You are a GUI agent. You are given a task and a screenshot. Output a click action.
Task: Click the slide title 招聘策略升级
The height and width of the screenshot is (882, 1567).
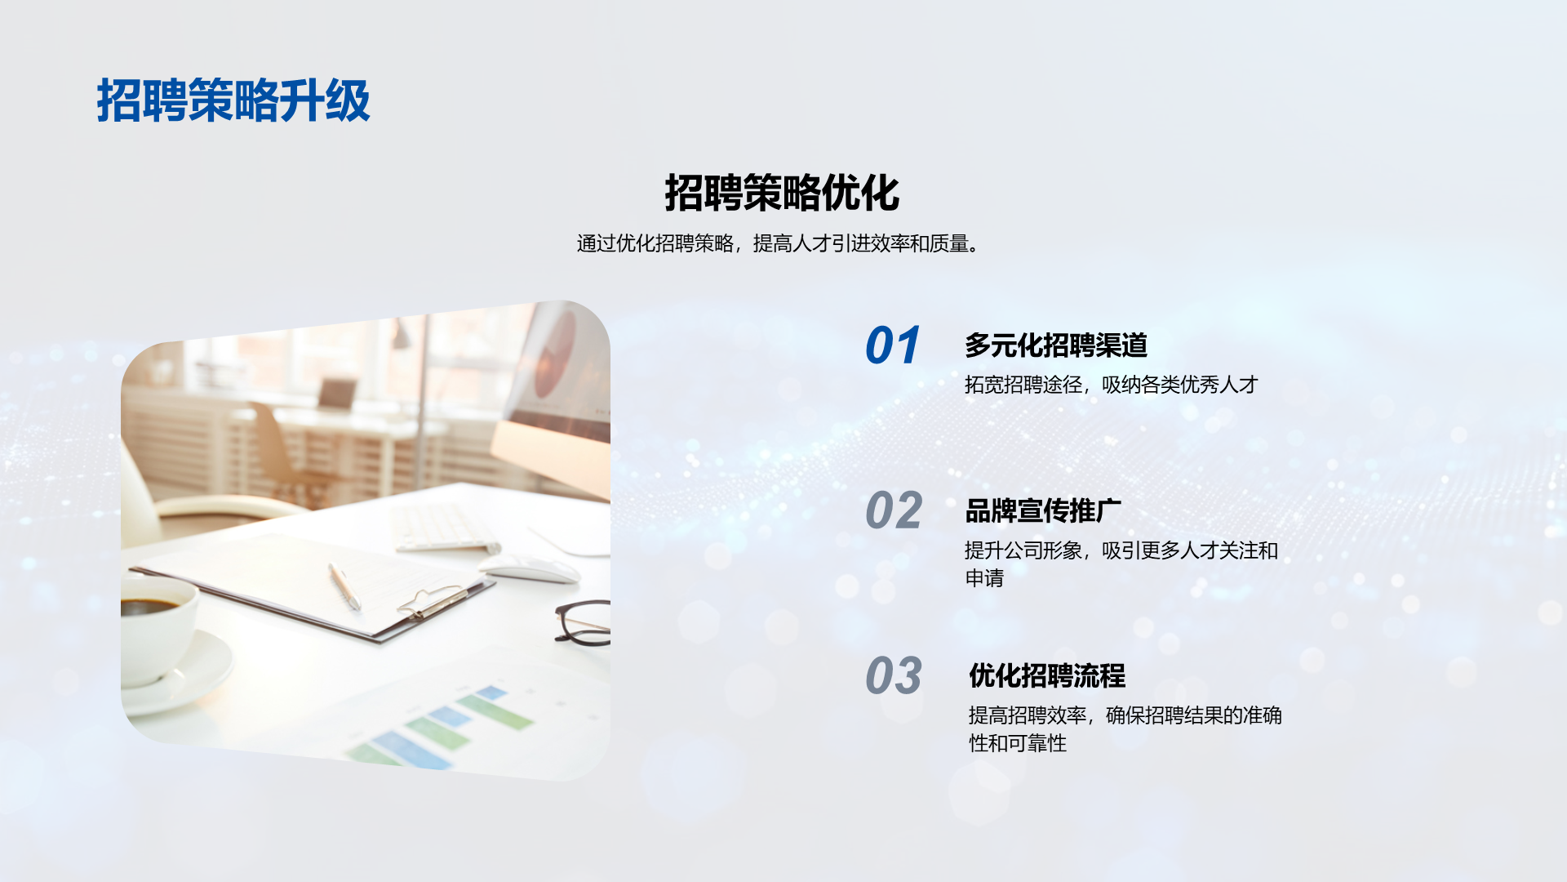[x=233, y=100]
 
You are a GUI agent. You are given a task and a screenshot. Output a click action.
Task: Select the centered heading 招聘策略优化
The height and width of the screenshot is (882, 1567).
[x=782, y=193]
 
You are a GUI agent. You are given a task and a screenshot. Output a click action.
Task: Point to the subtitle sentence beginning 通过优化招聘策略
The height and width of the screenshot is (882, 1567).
[x=779, y=243]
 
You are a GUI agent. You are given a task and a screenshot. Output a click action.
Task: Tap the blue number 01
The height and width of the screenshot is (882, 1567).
[x=893, y=345]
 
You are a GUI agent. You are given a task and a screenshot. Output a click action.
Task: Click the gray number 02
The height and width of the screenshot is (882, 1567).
[x=894, y=511]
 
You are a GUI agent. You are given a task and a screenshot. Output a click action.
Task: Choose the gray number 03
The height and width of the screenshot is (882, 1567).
[x=894, y=676]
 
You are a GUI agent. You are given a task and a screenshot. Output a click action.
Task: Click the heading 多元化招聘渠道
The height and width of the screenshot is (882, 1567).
[x=1056, y=345]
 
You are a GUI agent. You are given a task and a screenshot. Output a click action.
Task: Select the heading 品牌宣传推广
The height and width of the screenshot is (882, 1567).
[x=1043, y=511]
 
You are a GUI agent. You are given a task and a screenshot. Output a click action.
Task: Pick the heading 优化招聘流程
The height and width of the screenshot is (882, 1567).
[x=1047, y=676]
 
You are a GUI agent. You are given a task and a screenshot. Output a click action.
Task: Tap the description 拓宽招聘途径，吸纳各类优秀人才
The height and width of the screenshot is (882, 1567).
[x=1112, y=385]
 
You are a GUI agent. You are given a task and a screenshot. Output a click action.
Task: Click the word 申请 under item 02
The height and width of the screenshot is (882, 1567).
[x=984, y=578]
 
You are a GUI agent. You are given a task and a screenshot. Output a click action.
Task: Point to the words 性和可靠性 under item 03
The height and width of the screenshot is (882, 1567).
[x=1018, y=743]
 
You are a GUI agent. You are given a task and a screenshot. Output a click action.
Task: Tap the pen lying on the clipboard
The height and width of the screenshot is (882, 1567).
[x=344, y=586]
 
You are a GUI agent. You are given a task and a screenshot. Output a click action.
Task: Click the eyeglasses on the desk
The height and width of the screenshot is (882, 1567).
[x=583, y=623]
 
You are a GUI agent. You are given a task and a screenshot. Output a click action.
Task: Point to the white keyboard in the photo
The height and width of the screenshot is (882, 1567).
[x=444, y=528]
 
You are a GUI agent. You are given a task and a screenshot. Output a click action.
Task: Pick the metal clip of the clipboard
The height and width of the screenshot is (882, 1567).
[x=433, y=602]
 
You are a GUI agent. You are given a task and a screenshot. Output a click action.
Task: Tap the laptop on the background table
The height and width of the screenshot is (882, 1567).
[x=336, y=394]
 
